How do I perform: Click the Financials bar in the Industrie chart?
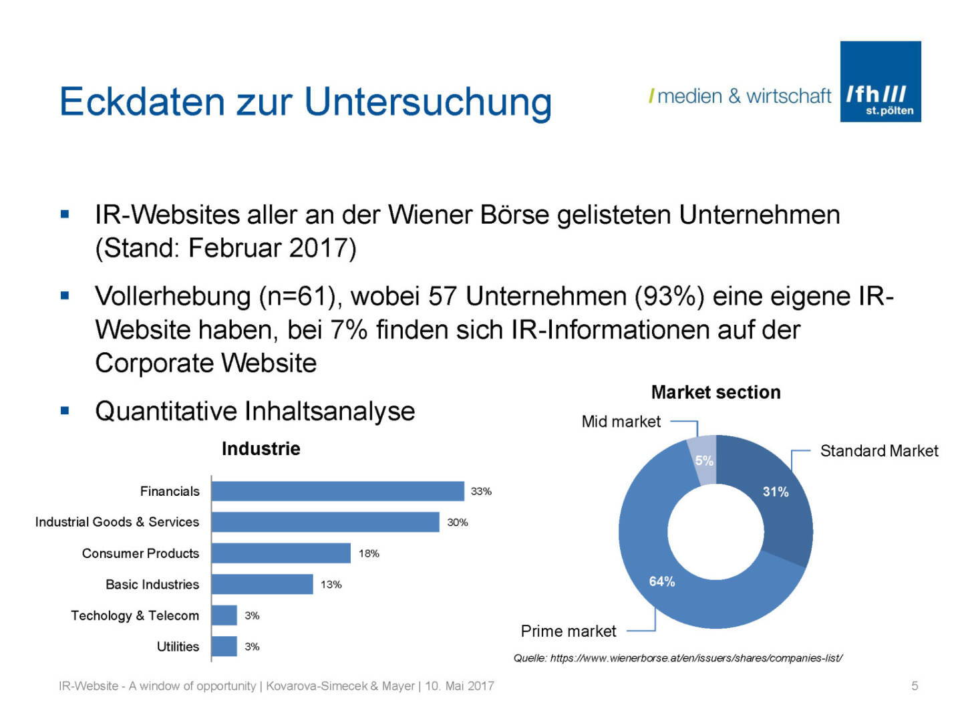click(337, 491)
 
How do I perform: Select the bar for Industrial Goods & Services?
click(325, 522)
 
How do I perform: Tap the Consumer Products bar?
click(281, 553)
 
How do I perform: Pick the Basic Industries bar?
click(262, 584)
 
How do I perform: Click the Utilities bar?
click(224, 646)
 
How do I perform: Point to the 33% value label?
click(481, 491)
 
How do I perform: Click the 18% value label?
click(369, 553)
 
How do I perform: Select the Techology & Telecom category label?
click(135, 615)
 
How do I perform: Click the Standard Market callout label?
click(878, 451)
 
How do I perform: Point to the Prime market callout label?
click(568, 631)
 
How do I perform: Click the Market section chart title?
click(715, 392)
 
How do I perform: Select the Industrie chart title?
click(261, 448)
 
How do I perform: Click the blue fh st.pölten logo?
click(880, 82)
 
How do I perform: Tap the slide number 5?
click(915, 686)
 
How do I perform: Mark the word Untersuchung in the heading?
click(428, 102)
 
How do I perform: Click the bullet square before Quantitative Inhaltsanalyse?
click(65, 411)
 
